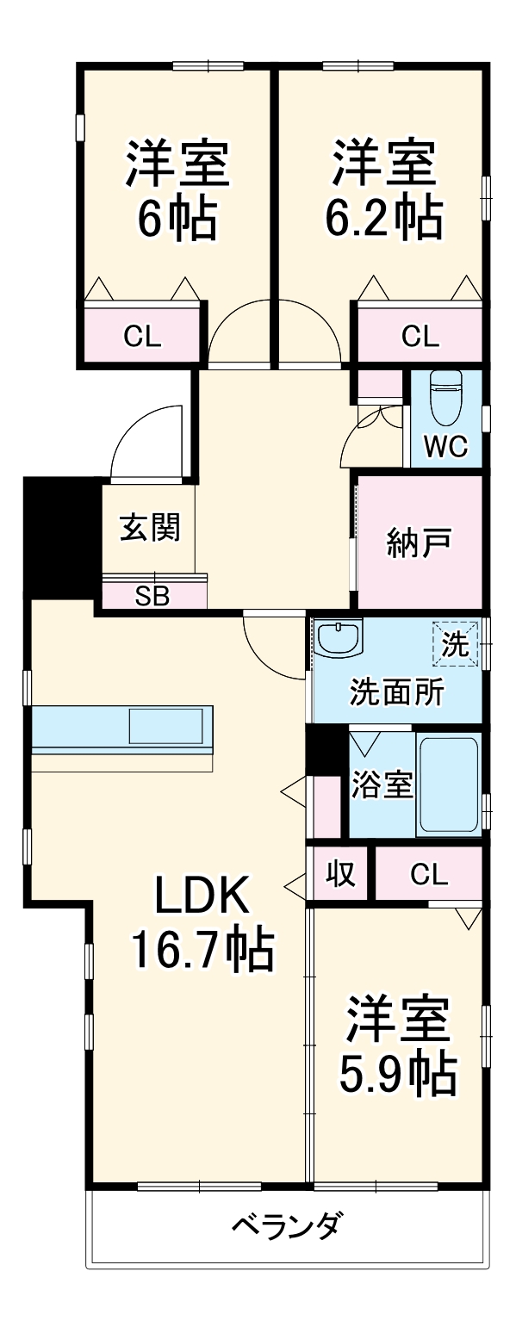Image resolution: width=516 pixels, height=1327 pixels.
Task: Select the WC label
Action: [x=445, y=446]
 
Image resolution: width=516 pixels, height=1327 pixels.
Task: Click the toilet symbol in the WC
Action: [x=447, y=398]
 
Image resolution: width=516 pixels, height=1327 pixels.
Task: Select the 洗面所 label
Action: [x=396, y=691]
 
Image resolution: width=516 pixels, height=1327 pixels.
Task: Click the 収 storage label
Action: [x=340, y=875]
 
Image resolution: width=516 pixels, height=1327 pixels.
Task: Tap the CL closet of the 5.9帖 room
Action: [x=428, y=875]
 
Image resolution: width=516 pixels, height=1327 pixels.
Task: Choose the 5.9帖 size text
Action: [x=396, y=1072]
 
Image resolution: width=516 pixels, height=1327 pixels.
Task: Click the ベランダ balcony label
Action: [x=289, y=1224]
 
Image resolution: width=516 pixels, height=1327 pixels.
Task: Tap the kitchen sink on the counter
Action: [x=169, y=725]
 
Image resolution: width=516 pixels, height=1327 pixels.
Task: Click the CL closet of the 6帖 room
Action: [x=142, y=336]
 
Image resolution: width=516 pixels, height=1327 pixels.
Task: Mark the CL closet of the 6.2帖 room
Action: [x=420, y=336]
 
